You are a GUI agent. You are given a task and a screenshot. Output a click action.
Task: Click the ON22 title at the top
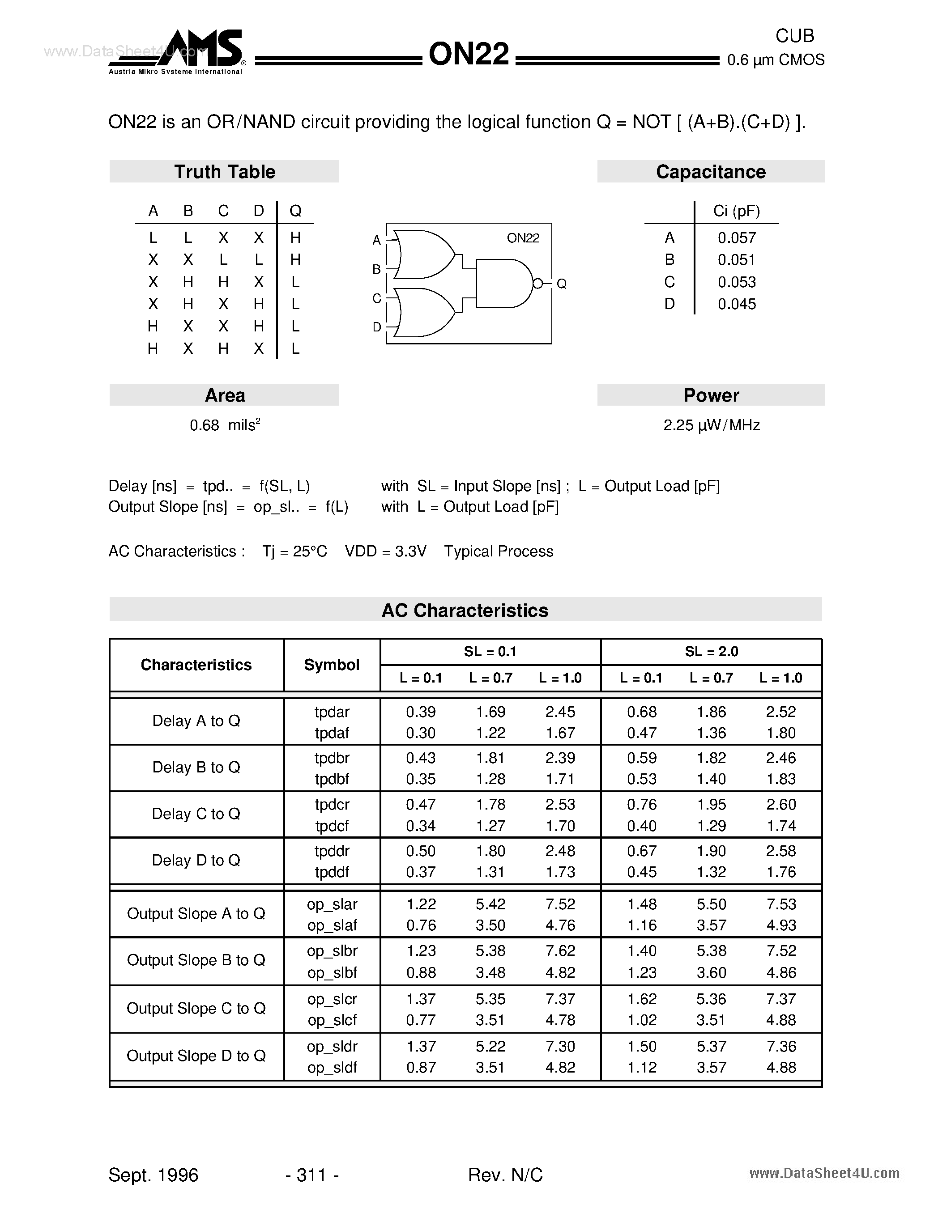469,55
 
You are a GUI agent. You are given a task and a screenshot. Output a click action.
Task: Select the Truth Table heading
224,172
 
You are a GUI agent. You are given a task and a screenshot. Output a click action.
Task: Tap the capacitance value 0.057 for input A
736,238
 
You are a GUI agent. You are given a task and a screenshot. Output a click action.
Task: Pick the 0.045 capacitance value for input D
736,304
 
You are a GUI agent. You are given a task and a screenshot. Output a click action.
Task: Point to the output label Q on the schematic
561,284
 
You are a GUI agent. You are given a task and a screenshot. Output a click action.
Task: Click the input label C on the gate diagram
377,298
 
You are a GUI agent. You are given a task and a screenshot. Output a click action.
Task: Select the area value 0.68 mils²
224,425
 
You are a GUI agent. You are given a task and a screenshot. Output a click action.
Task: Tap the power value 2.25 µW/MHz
711,425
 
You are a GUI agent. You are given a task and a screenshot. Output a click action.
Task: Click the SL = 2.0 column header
711,652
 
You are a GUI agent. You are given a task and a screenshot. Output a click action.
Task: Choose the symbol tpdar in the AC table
332,712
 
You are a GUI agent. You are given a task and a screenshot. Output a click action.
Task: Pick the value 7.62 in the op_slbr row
560,950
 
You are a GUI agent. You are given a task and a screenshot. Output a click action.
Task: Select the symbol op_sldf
332,1068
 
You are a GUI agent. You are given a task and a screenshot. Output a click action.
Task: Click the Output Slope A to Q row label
196,913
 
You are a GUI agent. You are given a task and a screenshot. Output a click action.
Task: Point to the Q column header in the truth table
295,211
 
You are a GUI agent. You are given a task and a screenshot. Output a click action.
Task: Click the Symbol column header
332,665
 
